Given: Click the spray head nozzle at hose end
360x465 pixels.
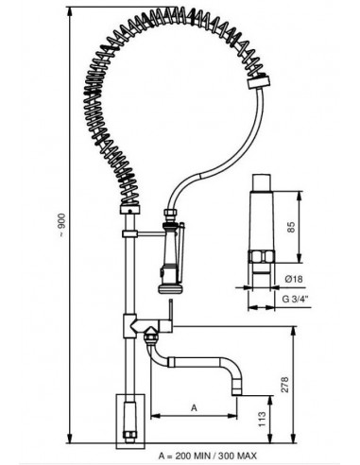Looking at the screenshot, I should pyautogui.click(x=168, y=274).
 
